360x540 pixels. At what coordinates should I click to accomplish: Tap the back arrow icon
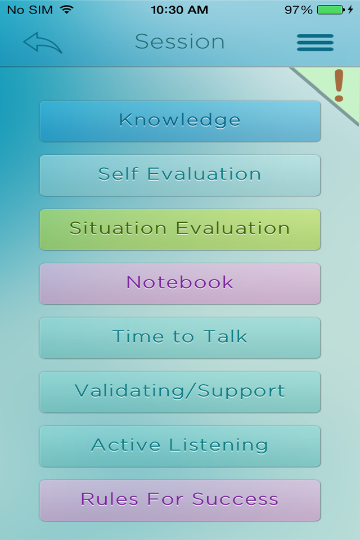[42, 42]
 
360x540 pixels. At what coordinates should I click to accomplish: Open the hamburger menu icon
[315, 43]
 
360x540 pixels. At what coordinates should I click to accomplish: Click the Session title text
[180, 42]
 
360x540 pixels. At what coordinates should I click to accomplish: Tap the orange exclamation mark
[339, 85]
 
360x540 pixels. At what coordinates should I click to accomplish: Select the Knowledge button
[180, 121]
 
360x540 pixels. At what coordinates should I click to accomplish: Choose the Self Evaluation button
[180, 175]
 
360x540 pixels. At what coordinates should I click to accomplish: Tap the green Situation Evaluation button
[180, 229]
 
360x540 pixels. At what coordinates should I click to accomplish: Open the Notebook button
[180, 283]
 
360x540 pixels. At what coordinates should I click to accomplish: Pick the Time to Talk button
[180, 337]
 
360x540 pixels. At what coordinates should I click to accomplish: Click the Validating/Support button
[180, 392]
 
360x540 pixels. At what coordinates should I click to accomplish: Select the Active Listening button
[180, 446]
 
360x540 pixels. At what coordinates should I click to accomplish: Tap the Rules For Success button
[180, 500]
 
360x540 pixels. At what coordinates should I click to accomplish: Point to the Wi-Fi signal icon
[67, 10]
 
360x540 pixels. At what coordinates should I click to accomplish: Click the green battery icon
[331, 10]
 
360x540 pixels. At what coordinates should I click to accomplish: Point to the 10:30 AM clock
[179, 10]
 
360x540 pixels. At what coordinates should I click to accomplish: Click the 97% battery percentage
[298, 10]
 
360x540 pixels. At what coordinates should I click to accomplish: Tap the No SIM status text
[30, 10]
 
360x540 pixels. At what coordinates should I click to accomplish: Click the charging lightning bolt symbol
[350, 10]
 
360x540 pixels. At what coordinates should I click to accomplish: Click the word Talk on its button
[226, 336]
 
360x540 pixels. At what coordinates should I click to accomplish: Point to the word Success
[235, 499]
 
